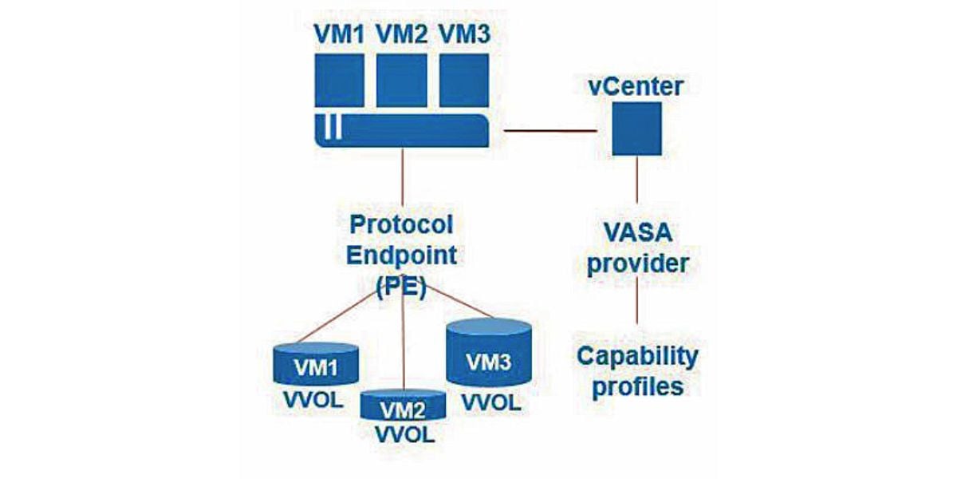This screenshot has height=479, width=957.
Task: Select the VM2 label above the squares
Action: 402,34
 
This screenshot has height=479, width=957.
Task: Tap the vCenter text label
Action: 636,85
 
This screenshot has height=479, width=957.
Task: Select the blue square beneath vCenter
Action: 636,130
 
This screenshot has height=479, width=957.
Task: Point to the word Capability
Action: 637,355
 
